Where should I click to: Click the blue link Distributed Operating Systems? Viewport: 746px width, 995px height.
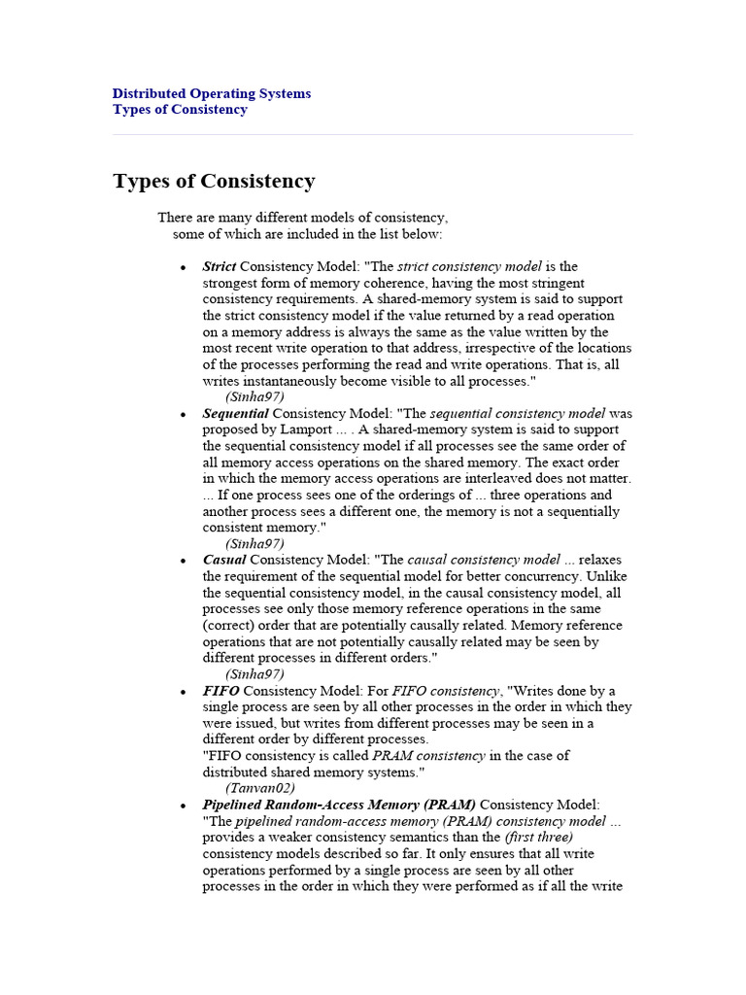pos(212,94)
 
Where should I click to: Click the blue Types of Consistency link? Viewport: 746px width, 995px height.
pos(180,110)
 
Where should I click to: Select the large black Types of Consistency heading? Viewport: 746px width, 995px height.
pos(214,182)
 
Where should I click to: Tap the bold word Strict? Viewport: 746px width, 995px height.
pos(220,266)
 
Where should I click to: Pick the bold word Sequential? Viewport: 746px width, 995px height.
pos(235,413)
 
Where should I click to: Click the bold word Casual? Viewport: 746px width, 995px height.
pos(224,560)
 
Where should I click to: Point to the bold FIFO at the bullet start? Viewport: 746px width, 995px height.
pos(220,691)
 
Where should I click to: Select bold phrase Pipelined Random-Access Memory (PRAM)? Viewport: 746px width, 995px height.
pos(339,806)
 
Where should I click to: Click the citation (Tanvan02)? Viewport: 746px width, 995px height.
pos(260,788)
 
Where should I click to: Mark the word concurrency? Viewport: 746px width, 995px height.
pos(580,576)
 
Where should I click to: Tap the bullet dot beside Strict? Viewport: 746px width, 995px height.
pos(182,267)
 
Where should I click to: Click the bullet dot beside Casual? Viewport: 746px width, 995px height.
pos(182,561)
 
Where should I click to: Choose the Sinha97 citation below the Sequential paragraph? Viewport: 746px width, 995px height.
pos(254,544)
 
